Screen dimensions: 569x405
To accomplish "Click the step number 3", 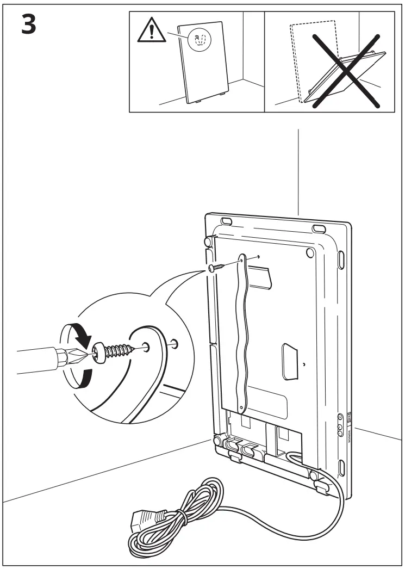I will coord(28,24).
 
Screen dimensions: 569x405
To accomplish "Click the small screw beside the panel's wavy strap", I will coord(216,267).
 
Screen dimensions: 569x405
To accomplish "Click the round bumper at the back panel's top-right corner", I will coord(310,252).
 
